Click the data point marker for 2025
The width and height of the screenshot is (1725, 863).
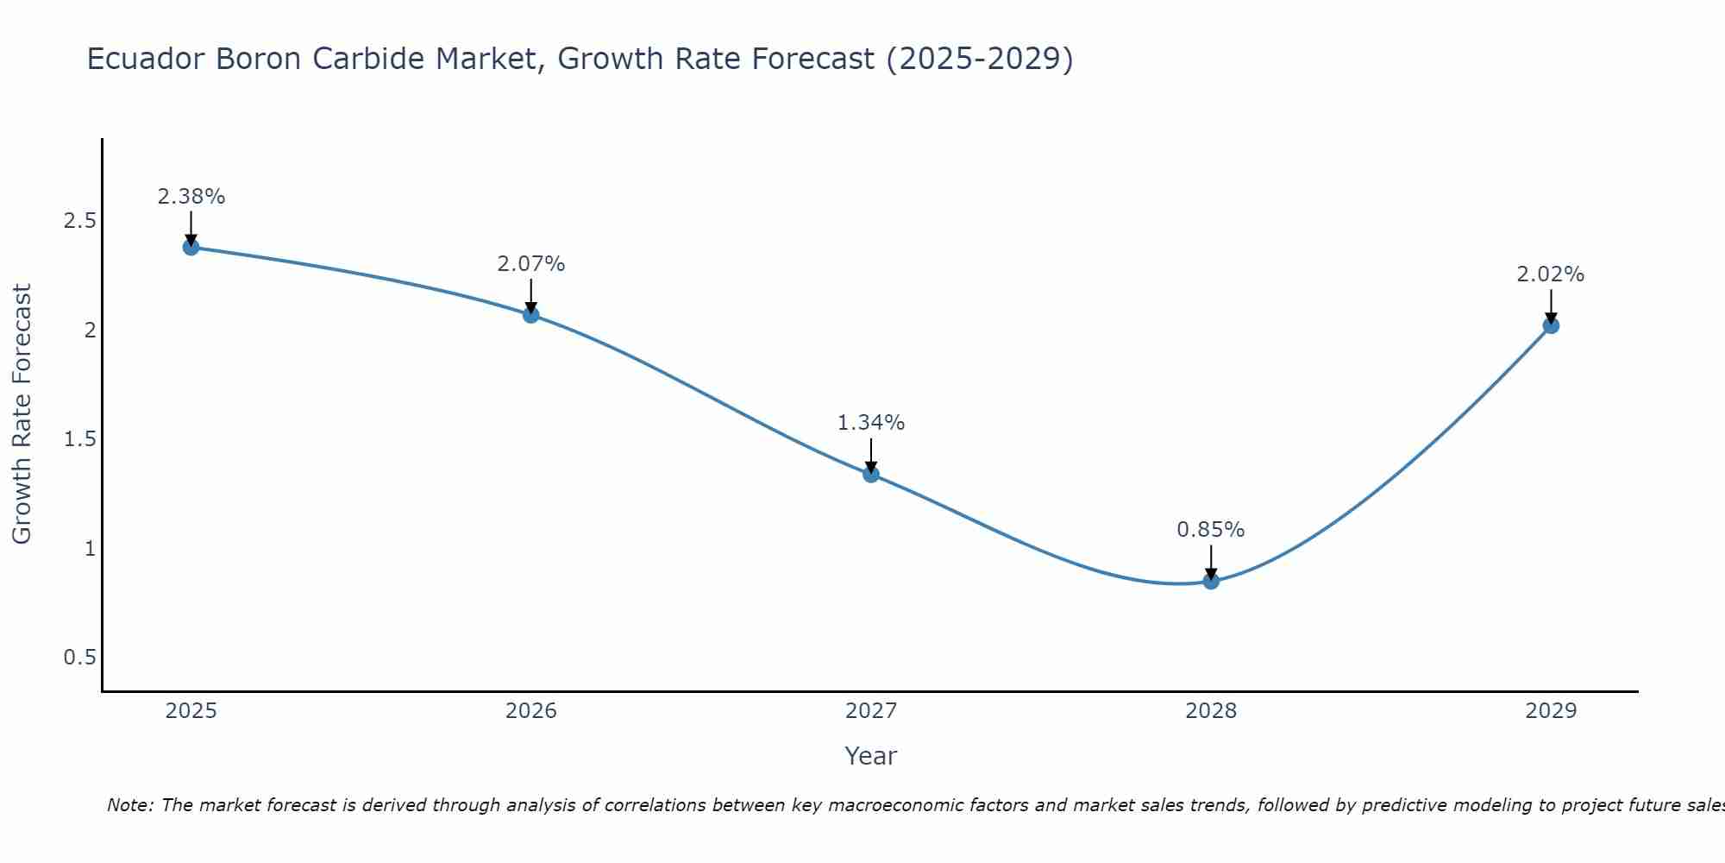click(191, 248)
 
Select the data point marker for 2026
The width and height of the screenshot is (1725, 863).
click(531, 315)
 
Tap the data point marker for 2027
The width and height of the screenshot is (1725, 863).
click(871, 474)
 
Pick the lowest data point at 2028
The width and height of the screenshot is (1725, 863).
click(1211, 582)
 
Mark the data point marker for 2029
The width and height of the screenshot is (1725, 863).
click(1551, 325)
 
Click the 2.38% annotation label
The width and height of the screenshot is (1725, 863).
click(191, 197)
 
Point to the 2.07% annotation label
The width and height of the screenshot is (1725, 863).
click(531, 264)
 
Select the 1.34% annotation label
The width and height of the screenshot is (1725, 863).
click(871, 423)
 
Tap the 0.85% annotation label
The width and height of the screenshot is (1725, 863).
click(1211, 530)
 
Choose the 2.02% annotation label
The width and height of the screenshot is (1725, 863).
click(1551, 274)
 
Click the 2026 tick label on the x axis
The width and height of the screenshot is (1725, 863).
click(531, 711)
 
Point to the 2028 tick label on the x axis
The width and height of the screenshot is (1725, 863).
click(1211, 711)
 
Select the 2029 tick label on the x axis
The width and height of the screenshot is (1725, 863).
click(1551, 711)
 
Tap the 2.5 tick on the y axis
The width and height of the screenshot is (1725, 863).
click(79, 221)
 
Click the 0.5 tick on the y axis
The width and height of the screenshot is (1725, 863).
click(79, 658)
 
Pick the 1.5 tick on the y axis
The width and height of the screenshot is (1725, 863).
click(79, 439)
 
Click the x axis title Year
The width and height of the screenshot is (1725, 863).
click(871, 756)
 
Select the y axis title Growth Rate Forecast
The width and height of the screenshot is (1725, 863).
click(22, 414)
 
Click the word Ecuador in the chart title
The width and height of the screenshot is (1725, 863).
click(147, 59)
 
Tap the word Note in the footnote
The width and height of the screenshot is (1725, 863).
click(129, 805)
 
